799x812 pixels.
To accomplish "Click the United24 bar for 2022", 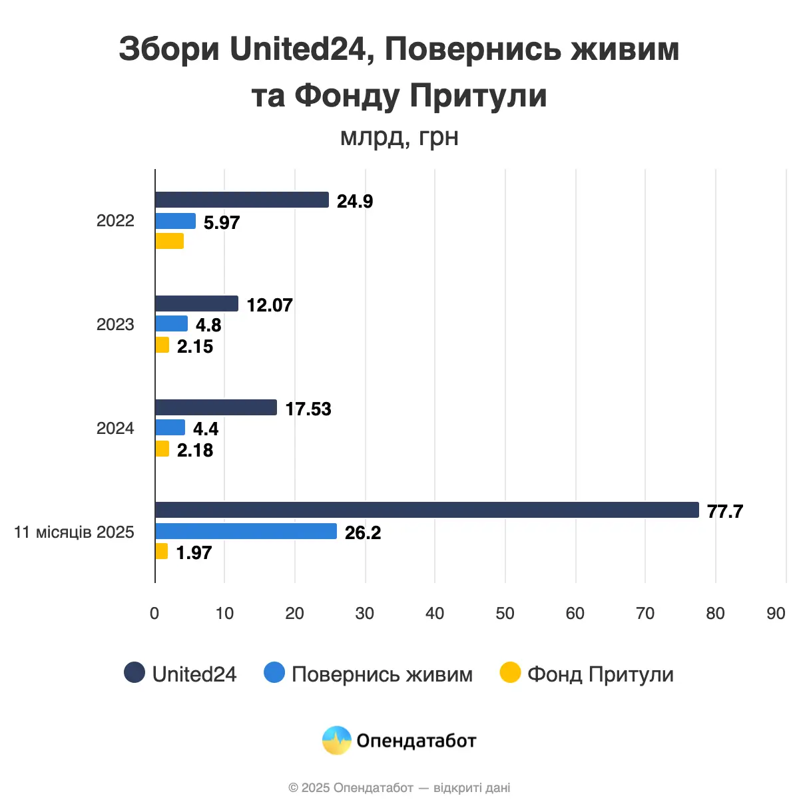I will click(242, 200).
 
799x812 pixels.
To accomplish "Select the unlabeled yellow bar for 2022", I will click(170, 241).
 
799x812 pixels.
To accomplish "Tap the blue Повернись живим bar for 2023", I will click(172, 323).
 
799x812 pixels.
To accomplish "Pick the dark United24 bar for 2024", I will click(216, 407).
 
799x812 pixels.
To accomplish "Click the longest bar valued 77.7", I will click(427, 510).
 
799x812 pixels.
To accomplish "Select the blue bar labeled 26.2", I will click(246, 531).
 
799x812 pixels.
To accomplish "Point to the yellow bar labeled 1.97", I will click(162, 551).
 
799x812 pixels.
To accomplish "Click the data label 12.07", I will click(270, 305).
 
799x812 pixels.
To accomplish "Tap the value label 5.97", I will click(222, 222).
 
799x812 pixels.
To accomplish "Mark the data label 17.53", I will click(308, 409).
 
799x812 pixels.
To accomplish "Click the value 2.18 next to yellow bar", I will click(195, 450).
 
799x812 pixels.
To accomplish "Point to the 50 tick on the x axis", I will click(505, 613).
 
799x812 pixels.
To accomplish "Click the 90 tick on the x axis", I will click(776, 613).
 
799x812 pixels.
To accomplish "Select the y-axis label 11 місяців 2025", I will click(74, 532).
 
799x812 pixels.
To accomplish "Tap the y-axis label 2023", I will click(115, 324).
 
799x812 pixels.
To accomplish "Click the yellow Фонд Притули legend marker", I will click(510, 673).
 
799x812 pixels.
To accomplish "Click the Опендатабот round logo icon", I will click(336, 740).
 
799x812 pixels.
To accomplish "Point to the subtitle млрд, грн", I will click(399, 136).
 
